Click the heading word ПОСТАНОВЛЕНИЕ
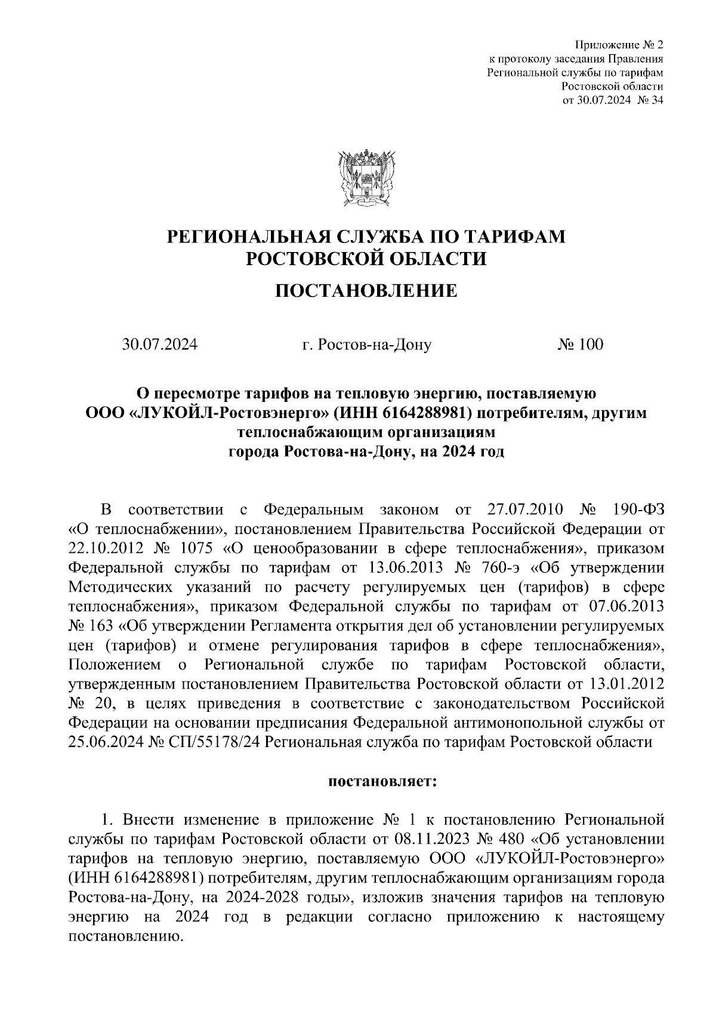pos(366,291)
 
